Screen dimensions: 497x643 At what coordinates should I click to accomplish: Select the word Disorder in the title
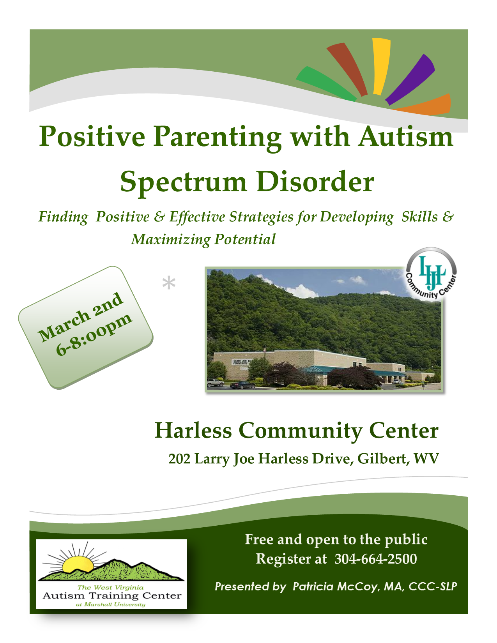(x=315, y=182)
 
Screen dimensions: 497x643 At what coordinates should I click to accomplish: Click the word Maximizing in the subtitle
(x=170, y=240)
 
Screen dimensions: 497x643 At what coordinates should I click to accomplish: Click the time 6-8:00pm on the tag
(x=94, y=334)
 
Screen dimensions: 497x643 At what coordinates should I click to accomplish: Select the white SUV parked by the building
(x=215, y=382)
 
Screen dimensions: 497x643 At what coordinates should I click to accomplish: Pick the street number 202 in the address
(x=179, y=459)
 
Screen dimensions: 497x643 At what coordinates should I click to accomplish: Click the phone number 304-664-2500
(x=376, y=559)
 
